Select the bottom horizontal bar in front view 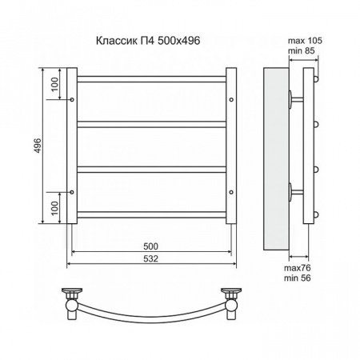click(x=152, y=214)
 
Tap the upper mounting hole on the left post click(x=73, y=100)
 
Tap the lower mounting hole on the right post click(x=231, y=192)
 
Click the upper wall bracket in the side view click(x=295, y=100)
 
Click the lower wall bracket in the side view click(x=295, y=192)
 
